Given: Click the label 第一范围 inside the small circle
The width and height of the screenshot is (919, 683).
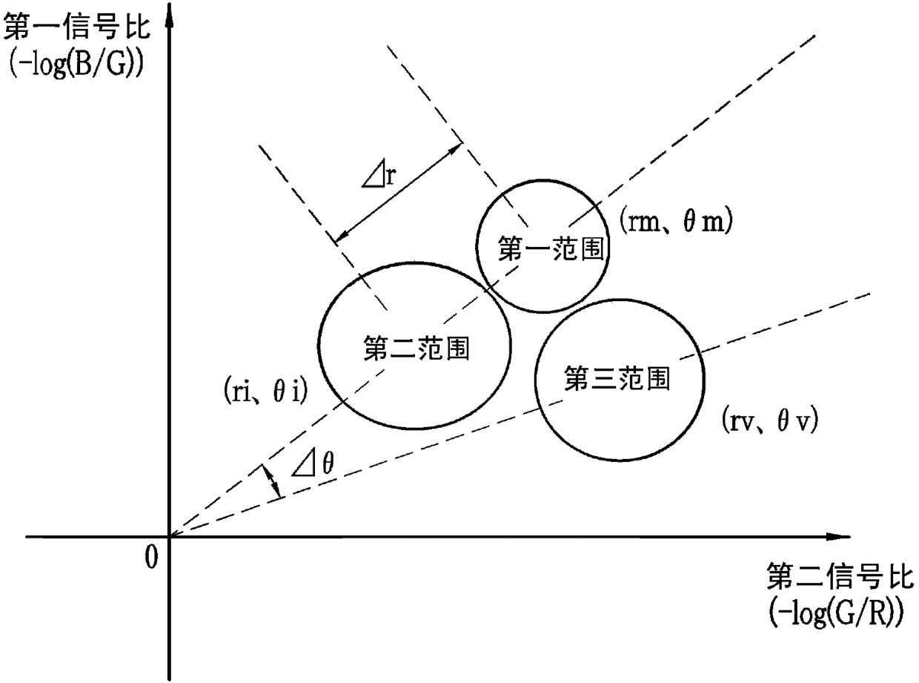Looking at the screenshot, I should click(x=543, y=249).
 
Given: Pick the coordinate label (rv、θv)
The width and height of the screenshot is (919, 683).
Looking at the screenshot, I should click(x=769, y=423).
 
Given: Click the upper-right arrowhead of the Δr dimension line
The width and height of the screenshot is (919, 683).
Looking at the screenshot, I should click(x=456, y=148).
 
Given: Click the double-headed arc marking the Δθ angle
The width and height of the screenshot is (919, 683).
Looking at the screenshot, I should click(x=271, y=481).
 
